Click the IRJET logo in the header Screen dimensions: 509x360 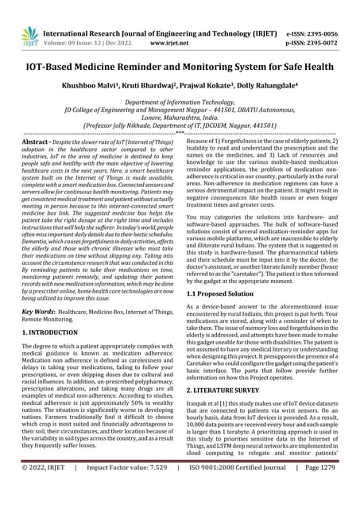(30, 34)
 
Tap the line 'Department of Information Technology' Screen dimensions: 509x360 (180, 102)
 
